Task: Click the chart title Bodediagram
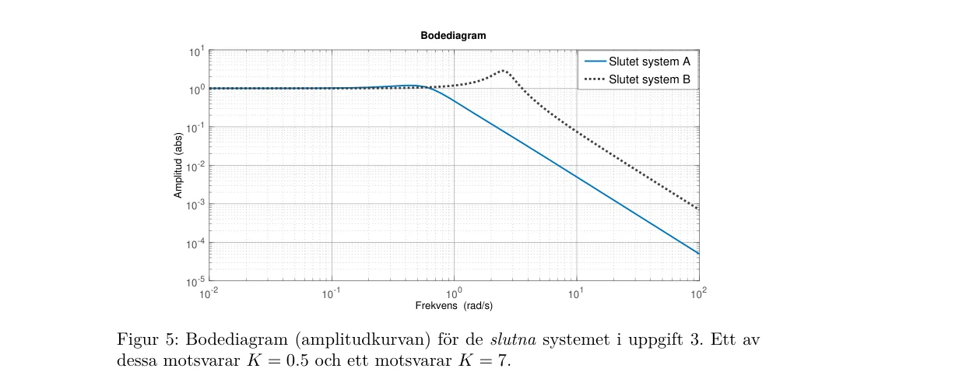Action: pyautogui.click(x=453, y=35)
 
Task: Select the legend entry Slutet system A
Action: pyautogui.click(x=638, y=61)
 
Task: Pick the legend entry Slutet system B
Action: pyautogui.click(x=638, y=79)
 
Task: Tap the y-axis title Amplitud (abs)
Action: pyautogui.click(x=178, y=165)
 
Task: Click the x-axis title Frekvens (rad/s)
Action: pyautogui.click(x=454, y=306)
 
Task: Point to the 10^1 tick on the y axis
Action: pyautogui.click(x=196, y=52)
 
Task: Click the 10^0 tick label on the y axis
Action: pyautogui.click(x=196, y=90)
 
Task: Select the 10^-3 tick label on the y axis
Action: pyautogui.click(x=195, y=205)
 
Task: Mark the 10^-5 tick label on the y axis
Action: pyautogui.click(x=195, y=282)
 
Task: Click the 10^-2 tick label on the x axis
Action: pyautogui.click(x=209, y=293)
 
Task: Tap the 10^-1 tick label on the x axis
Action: pyautogui.click(x=331, y=293)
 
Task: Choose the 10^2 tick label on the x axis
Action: pyautogui.click(x=699, y=293)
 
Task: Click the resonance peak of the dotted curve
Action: pyautogui.click(x=504, y=71)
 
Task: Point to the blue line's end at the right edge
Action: pyautogui.click(x=699, y=254)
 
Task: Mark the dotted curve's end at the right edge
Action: pyautogui.click(x=698, y=209)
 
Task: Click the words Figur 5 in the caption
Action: pyautogui.click(x=147, y=340)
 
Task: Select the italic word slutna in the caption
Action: pyautogui.click(x=513, y=340)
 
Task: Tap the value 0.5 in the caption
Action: pyautogui.click(x=297, y=360)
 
